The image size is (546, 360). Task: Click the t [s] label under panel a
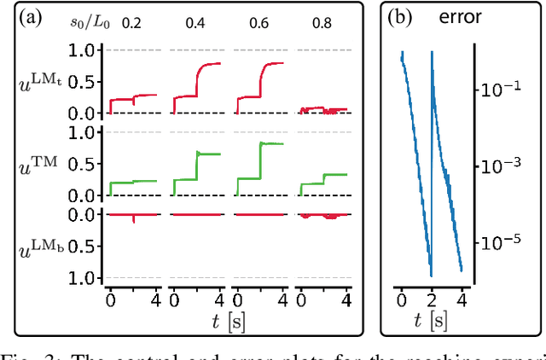[x=228, y=322]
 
